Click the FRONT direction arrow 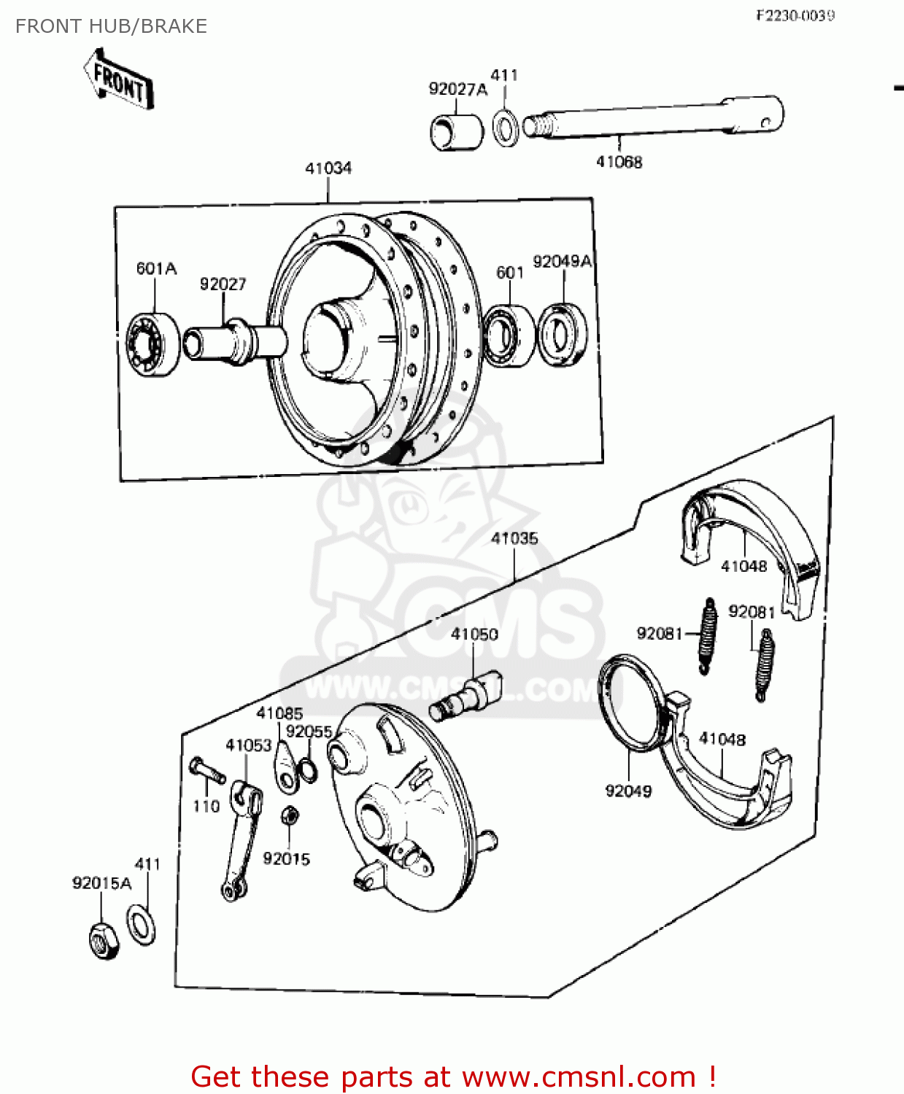point(118,79)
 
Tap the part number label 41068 point(619,162)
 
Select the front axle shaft point(657,117)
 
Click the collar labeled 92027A point(457,132)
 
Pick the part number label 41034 point(328,168)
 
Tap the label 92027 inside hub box point(223,284)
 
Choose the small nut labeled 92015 point(289,815)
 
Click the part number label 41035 point(514,538)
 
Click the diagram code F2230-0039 point(795,15)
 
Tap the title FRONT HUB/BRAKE point(111,26)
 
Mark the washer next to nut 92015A point(141,924)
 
